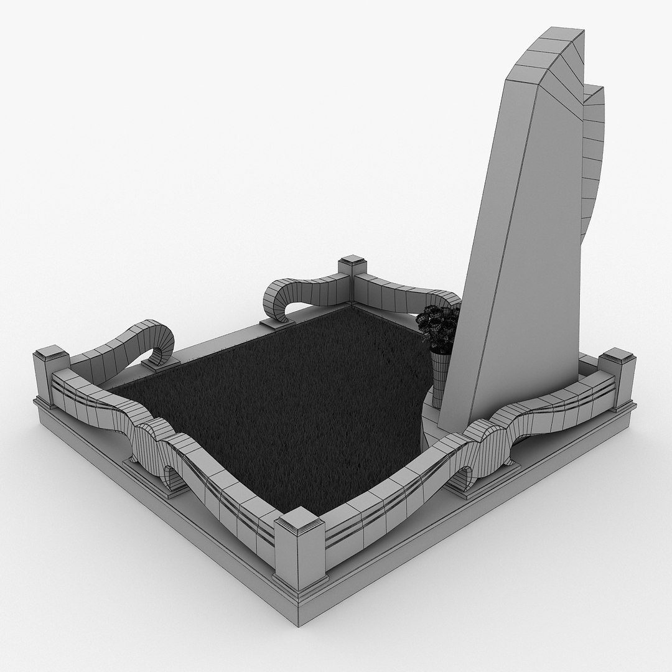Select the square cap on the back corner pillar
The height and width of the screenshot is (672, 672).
351,261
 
